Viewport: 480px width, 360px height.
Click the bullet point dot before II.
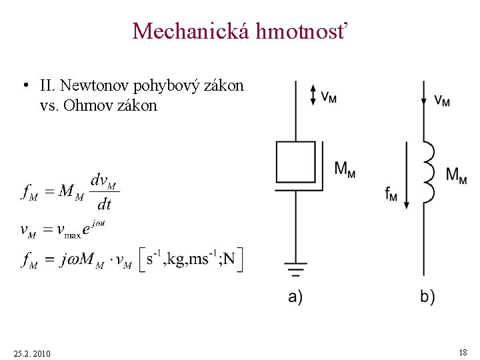click(24, 86)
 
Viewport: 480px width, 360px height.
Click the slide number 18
click(463, 351)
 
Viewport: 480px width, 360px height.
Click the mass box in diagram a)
click(295, 162)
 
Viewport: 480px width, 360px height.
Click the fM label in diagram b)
click(391, 194)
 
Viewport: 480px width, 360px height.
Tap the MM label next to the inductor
click(456, 175)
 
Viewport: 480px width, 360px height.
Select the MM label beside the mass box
click(345, 169)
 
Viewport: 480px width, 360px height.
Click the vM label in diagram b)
click(442, 100)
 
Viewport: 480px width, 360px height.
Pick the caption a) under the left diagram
click(295, 297)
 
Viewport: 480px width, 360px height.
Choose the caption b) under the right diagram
click(427, 297)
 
